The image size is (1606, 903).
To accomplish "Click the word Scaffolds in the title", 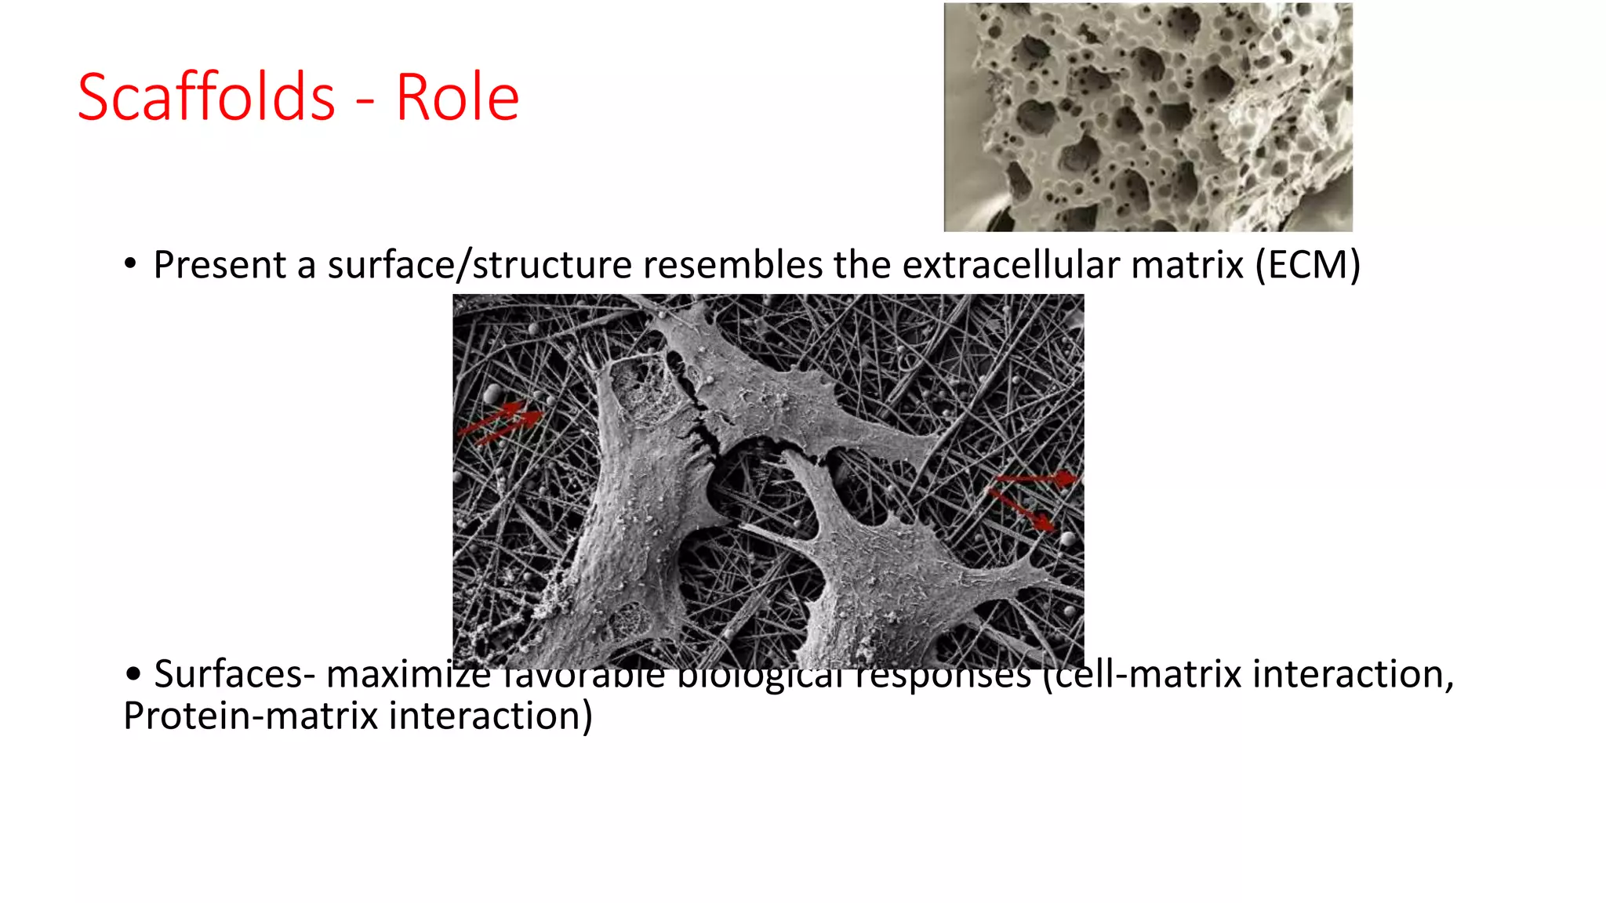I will [x=206, y=97].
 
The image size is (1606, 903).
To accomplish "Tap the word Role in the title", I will [x=457, y=97].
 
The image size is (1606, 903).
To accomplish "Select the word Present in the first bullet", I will [x=220, y=265].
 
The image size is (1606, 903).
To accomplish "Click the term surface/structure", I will [x=479, y=265].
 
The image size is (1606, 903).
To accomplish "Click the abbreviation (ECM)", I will [x=1307, y=265].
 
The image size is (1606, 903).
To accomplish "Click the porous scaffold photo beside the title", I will [x=1147, y=118].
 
